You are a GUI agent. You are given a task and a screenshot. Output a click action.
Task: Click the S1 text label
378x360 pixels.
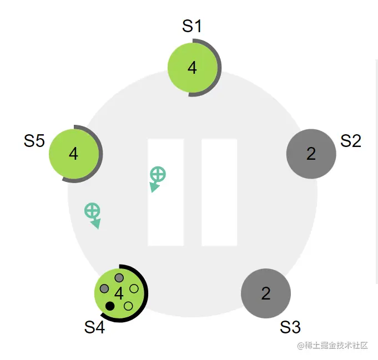[192, 26]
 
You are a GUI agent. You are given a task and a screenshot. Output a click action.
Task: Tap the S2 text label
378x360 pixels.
[351, 141]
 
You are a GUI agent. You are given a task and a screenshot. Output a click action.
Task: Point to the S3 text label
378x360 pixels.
[290, 327]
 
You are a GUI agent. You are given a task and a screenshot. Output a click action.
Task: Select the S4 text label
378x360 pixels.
[94, 327]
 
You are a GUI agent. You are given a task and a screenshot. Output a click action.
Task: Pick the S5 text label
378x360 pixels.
[34, 141]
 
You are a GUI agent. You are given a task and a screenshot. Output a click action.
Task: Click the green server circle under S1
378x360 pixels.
[193, 68]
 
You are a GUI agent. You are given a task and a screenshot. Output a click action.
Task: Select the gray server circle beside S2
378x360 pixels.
[311, 154]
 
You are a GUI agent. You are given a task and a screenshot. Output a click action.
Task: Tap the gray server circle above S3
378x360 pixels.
[266, 293]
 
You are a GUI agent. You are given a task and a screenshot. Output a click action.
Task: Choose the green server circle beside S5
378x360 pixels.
[74, 154]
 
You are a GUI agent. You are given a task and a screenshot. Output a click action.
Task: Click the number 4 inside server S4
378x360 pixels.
[119, 293]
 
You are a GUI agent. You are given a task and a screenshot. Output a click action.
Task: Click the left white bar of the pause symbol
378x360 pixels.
[165, 192]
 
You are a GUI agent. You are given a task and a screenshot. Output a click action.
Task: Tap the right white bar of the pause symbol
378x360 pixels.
[219, 192]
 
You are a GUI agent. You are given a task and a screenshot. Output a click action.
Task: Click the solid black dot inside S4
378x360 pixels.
[110, 306]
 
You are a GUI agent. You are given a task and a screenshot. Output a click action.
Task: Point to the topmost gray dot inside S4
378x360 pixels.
[119, 278]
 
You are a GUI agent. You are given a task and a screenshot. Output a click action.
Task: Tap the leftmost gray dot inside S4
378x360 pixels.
[104, 288]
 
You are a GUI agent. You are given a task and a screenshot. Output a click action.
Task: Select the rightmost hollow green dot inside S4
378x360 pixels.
[134, 288]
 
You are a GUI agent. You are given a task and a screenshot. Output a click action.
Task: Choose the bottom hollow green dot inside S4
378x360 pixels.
[128, 306]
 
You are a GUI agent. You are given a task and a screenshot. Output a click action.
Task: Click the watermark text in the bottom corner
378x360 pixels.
[332, 346]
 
